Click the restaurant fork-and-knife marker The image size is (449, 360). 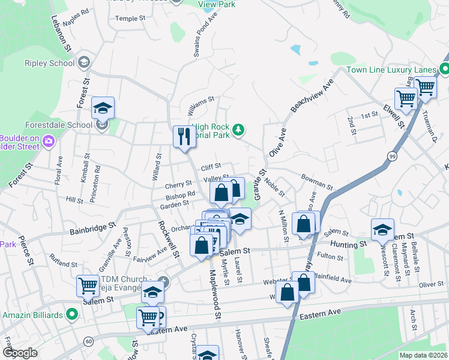click(182, 137)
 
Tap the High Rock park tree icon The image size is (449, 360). click(239, 130)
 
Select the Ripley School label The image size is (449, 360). click(50, 63)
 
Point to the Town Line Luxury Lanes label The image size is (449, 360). click(391, 70)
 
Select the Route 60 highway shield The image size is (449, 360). click(89, 341)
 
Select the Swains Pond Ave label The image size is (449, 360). click(201, 40)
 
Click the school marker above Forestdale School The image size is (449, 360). click(103, 108)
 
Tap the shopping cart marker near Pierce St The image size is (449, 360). click(88, 286)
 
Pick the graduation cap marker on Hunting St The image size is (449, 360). click(382, 230)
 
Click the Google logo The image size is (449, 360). click(20, 353)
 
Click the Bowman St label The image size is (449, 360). click(316, 181)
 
